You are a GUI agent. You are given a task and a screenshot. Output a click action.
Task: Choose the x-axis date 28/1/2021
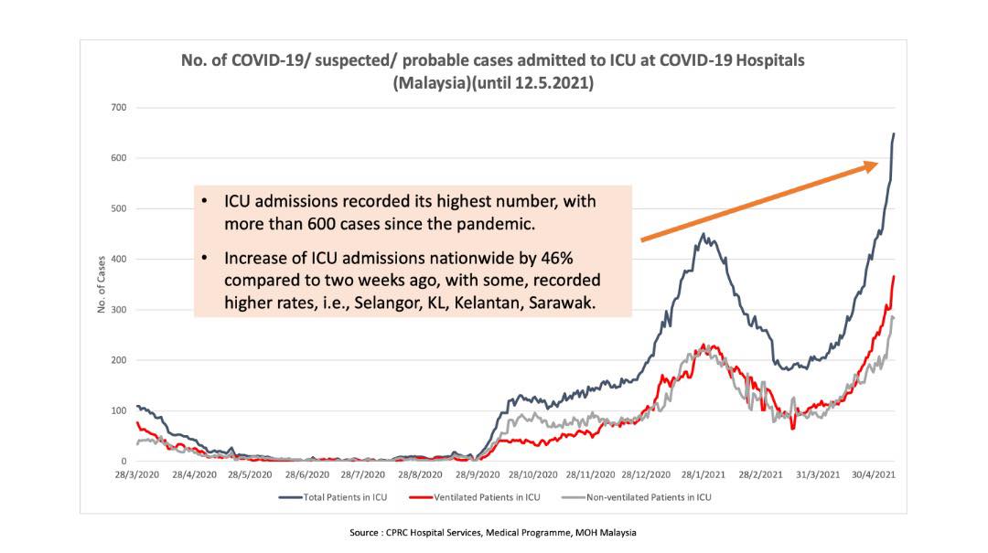pos(703,475)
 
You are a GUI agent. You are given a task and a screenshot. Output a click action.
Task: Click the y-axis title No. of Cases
pos(101,284)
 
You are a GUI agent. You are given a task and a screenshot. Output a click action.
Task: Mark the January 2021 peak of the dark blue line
pos(703,234)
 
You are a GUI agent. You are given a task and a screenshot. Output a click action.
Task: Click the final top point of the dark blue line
pos(894,134)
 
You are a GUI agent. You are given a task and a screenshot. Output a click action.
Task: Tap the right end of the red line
pos(894,276)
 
